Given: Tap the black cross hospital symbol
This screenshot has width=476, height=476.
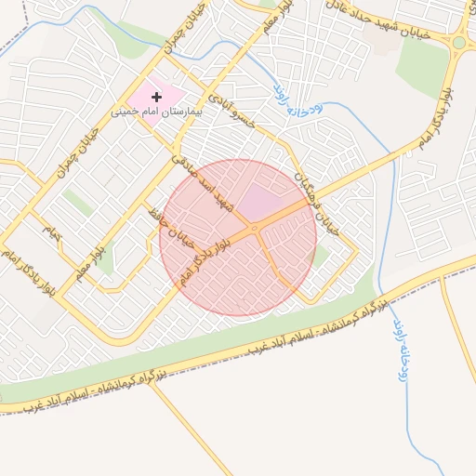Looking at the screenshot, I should [x=156, y=96].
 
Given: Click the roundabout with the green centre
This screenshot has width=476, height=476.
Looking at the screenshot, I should [x=458, y=42].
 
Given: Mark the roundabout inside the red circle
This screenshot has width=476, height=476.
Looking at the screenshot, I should [x=253, y=229].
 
